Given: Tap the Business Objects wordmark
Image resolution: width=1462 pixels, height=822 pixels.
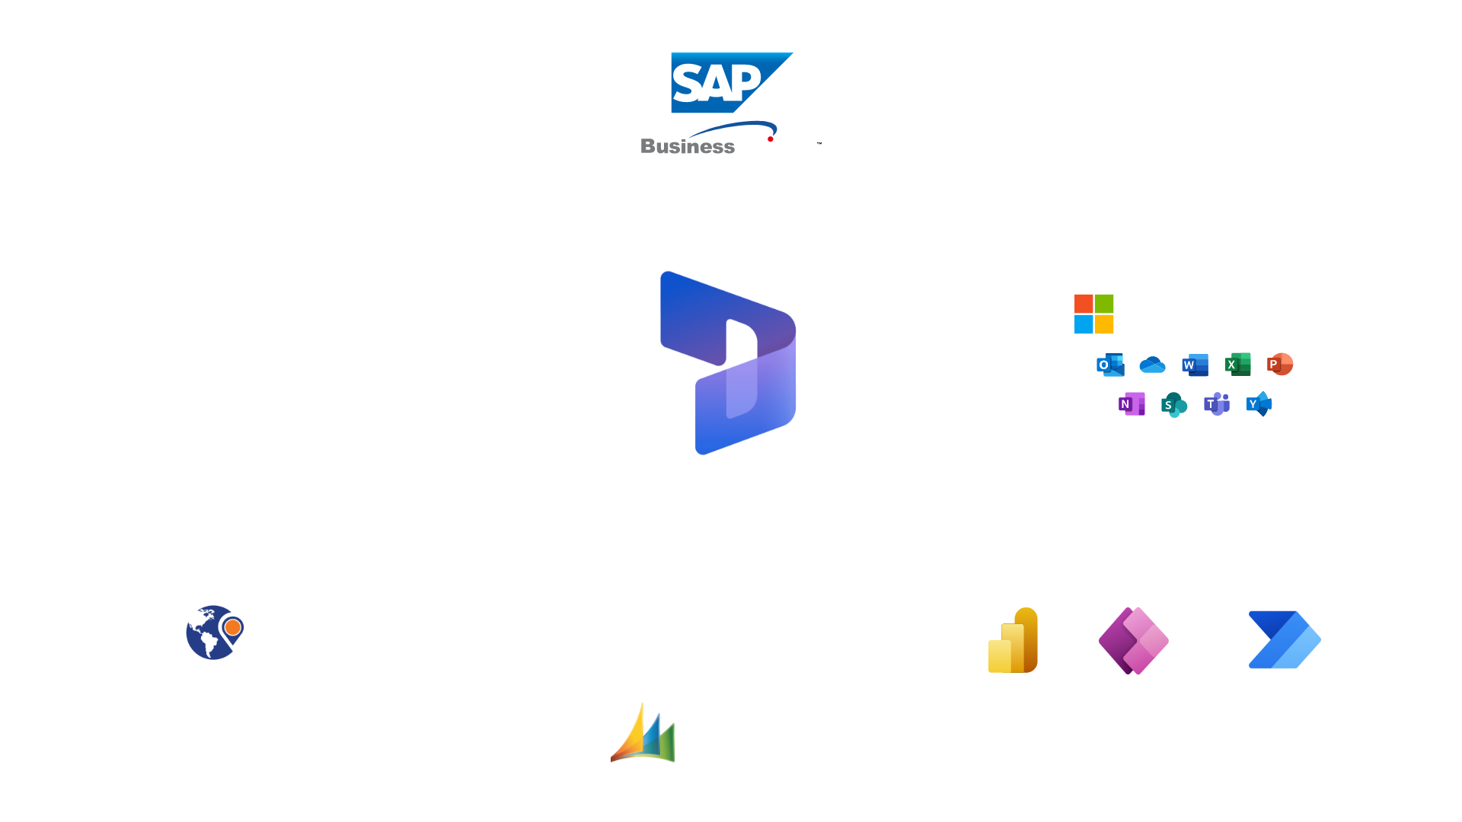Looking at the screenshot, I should [x=729, y=146].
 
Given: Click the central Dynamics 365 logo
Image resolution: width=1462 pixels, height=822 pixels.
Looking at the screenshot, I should [x=728, y=363].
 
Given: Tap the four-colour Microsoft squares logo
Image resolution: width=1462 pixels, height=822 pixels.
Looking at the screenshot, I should [x=1093, y=314].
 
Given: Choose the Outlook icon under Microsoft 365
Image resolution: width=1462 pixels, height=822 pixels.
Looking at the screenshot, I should [x=1110, y=365].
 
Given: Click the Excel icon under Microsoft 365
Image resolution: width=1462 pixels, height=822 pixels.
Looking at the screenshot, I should [x=1237, y=365].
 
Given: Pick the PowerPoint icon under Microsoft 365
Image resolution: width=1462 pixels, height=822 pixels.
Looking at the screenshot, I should [x=1280, y=365].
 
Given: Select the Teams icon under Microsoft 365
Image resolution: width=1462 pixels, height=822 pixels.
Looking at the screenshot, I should [x=1216, y=404].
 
